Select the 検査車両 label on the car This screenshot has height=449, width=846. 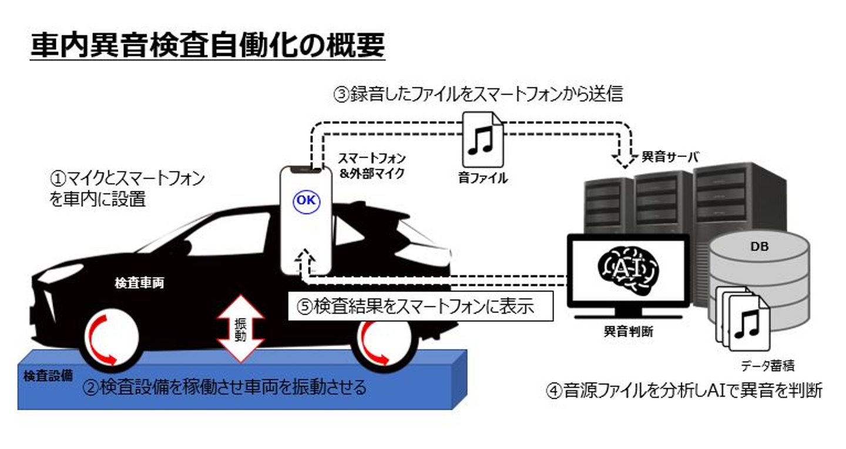pos(139,284)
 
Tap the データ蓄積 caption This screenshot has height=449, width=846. pos(767,366)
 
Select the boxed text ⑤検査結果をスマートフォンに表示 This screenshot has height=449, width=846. pos(421,306)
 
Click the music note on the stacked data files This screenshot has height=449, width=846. pos(747,323)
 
